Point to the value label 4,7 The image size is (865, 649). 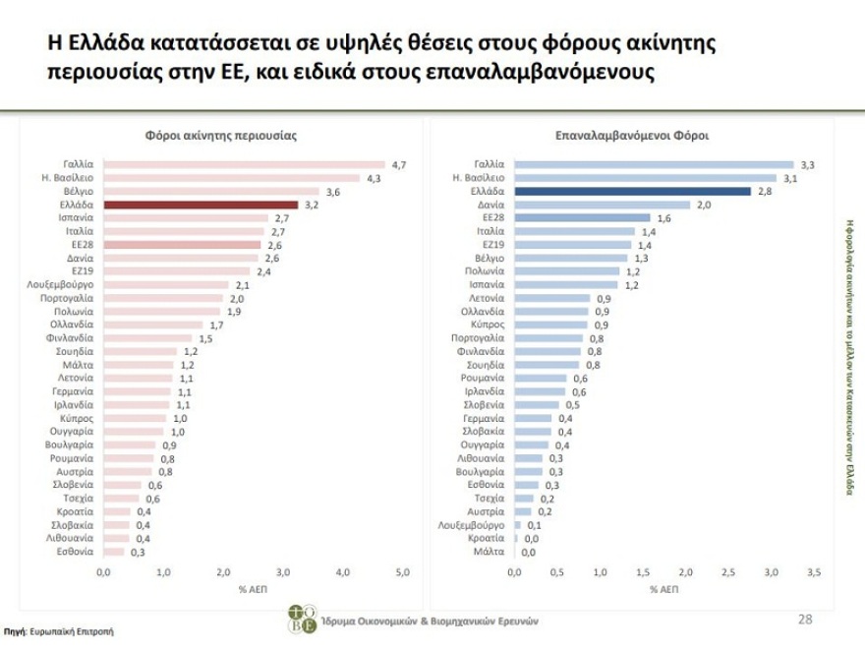pos(399,164)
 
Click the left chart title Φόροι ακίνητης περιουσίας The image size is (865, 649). pos(221,136)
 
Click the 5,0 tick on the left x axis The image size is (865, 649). pos(402,571)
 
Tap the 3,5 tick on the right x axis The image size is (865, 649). pos(814,571)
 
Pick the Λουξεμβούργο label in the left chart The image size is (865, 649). pos(61,283)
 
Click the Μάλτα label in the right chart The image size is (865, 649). pos(488,553)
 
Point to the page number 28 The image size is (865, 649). pos(806,619)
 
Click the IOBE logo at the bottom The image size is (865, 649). pos(302,619)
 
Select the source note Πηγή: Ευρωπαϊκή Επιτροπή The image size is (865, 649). pos(60,630)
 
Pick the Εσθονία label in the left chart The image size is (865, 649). pos(75,552)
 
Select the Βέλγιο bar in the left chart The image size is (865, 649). pos(210,191)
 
